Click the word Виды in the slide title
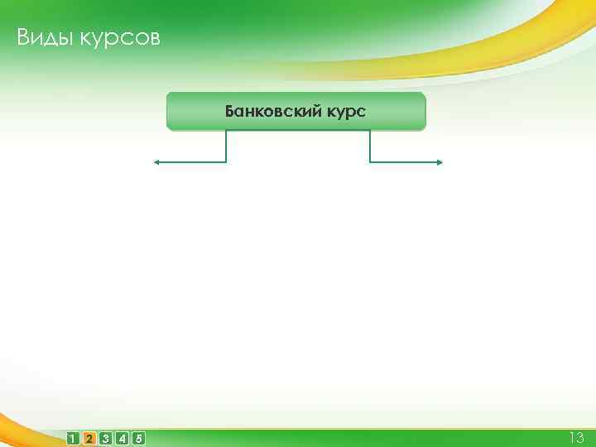pyautogui.click(x=41, y=38)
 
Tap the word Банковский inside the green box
pyautogui.click(x=263, y=111)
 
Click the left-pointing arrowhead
pyautogui.click(x=155, y=162)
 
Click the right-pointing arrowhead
pyautogui.click(x=440, y=162)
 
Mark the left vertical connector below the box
pyautogui.click(x=226, y=147)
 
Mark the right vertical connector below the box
pyautogui.click(x=370, y=147)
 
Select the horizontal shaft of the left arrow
pyautogui.click(x=190, y=162)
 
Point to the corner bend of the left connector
pyautogui.click(x=226, y=162)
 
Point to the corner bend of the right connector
pyautogui.click(x=370, y=162)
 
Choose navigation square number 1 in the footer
pyautogui.click(x=74, y=438)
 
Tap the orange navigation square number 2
pyautogui.click(x=89, y=438)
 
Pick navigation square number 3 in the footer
pyautogui.click(x=106, y=438)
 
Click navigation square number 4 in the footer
pyautogui.click(x=122, y=438)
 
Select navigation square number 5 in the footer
pyautogui.click(x=138, y=438)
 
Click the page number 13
pyautogui.click(x=575, y=437)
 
